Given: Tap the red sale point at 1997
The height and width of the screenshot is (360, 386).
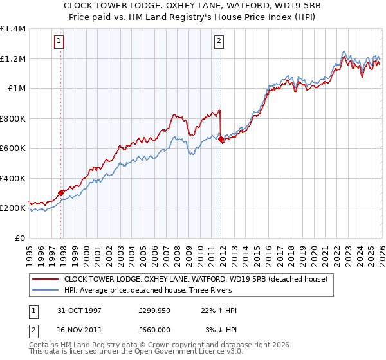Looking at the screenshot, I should [x=61, y=192].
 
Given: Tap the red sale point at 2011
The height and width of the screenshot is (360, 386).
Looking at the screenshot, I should [x=221, y=139].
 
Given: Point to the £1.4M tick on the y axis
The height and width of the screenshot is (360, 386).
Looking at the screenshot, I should [x=13, y=29].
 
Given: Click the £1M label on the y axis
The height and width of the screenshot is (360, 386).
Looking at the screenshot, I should [x=17, y=89].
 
